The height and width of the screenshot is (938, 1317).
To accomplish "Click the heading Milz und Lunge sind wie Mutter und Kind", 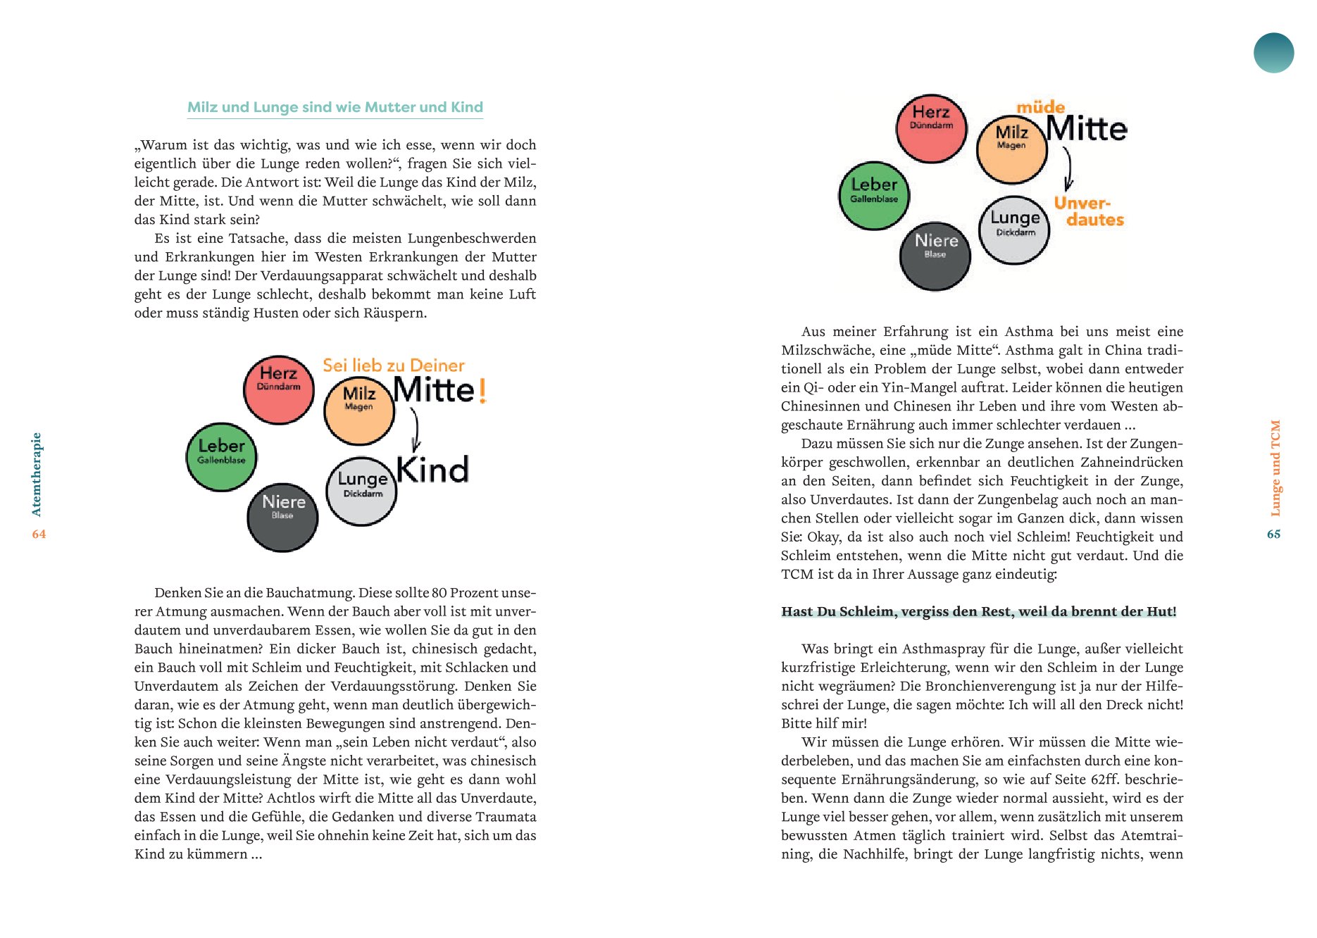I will tap(335, 107).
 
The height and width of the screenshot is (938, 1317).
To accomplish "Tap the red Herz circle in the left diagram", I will tap(279, 389).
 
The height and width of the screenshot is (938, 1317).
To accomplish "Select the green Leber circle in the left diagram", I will tap(221, 456).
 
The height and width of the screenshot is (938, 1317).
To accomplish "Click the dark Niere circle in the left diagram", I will tap(282, 517).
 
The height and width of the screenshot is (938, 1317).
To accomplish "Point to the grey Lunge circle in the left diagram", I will tap(361, 492).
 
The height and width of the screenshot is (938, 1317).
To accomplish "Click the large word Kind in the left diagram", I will tap(432, 470).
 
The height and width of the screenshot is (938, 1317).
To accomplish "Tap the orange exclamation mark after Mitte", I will tap(482, 391).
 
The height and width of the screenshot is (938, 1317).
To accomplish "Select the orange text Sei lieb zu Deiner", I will tap(393, 365).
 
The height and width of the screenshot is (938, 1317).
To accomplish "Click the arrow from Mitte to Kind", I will tap(416, 429).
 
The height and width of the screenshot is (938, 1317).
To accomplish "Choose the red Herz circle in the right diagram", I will tap(931, 128).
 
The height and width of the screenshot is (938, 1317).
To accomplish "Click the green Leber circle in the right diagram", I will tap(874, 195).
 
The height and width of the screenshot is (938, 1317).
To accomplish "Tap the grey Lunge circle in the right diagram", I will tap(1014, 230).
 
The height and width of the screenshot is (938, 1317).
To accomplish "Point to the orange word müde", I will tap(1040, 107).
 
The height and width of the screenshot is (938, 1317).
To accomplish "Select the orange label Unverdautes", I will tap(1089, 211).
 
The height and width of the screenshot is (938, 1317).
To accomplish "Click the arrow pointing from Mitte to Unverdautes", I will tap(1068, 168).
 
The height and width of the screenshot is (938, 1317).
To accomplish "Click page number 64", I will tap(39, 534).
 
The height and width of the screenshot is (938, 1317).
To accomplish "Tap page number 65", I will tap(1273, 534).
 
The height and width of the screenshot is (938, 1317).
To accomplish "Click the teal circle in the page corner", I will tap(1273, 53).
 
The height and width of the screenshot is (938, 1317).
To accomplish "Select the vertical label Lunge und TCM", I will tap(1275, 468).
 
